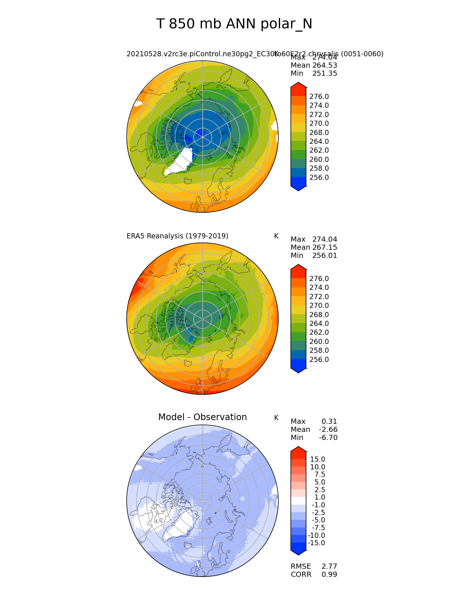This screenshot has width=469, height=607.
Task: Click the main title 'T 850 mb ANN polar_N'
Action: click(x=234, y=24)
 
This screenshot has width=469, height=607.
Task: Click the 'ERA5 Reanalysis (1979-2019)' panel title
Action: click(x=177, y=236)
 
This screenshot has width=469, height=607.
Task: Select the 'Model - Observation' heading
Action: click(x=202, y=417)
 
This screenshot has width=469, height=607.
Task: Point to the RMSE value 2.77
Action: click(x=329, y=567)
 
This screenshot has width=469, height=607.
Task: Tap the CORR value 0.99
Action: click(x=329, y=575)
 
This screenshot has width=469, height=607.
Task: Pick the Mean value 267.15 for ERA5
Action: click(x=324, y=248)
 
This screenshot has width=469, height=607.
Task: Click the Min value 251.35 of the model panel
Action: click(x=324, y=74)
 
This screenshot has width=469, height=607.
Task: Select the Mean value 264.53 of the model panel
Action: click(x=324, y=65)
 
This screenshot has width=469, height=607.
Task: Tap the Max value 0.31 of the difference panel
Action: click(x=329, y=422)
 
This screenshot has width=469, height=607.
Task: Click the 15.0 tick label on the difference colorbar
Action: click(x=317, y=459)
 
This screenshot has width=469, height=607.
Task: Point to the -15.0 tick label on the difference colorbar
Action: click(x=317, y=543)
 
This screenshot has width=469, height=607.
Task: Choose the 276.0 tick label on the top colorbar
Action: click(x=319, y=97)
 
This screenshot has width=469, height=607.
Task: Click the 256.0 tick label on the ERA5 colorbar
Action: click(x=319, y=360)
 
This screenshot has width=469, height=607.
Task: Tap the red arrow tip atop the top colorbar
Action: click(x=298, y=85)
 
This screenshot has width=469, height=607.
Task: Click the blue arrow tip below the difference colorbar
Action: click(x=298, y=552)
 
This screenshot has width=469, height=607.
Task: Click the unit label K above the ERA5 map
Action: click(x=276, y=236)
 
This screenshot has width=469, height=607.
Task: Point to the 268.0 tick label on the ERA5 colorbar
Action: click(x=319, y=315)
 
